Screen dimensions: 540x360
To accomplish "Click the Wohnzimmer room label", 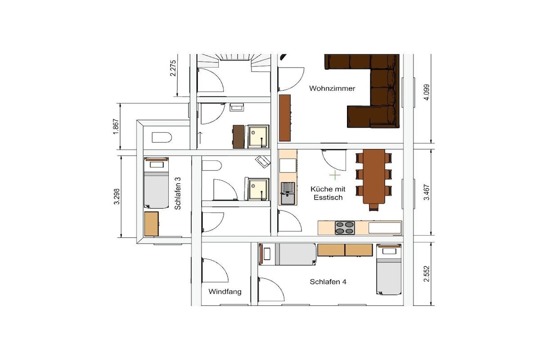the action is click(332, 89).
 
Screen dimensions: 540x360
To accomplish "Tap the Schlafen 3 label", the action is click(178, 193).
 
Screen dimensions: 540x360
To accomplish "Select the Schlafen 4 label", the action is click(328, 282).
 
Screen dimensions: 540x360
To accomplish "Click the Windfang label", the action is click(225, 292).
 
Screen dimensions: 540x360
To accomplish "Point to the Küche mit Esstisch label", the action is click(328, 193).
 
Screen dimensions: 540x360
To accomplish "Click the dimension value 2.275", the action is click(173, 68).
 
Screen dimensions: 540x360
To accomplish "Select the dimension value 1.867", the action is click(116, 127).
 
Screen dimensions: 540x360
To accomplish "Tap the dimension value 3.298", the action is click(117, 197).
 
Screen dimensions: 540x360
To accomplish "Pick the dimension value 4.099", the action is click(427, 92).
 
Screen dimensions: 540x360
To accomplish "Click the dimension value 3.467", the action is click(427, 192).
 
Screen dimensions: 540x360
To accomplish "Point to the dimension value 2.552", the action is click(427, 274).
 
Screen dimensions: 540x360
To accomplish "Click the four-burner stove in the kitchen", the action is click(345, 228).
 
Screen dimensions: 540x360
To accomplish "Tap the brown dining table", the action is click(374, 177).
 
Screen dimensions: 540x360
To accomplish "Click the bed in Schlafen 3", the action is click(156, 183).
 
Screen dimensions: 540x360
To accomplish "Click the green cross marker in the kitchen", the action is click(335, 175).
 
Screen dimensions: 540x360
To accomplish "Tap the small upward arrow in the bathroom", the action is click(200, 138).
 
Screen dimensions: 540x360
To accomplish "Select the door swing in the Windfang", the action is click(215, 270).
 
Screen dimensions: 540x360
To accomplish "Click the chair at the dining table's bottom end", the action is click(374, 207).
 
